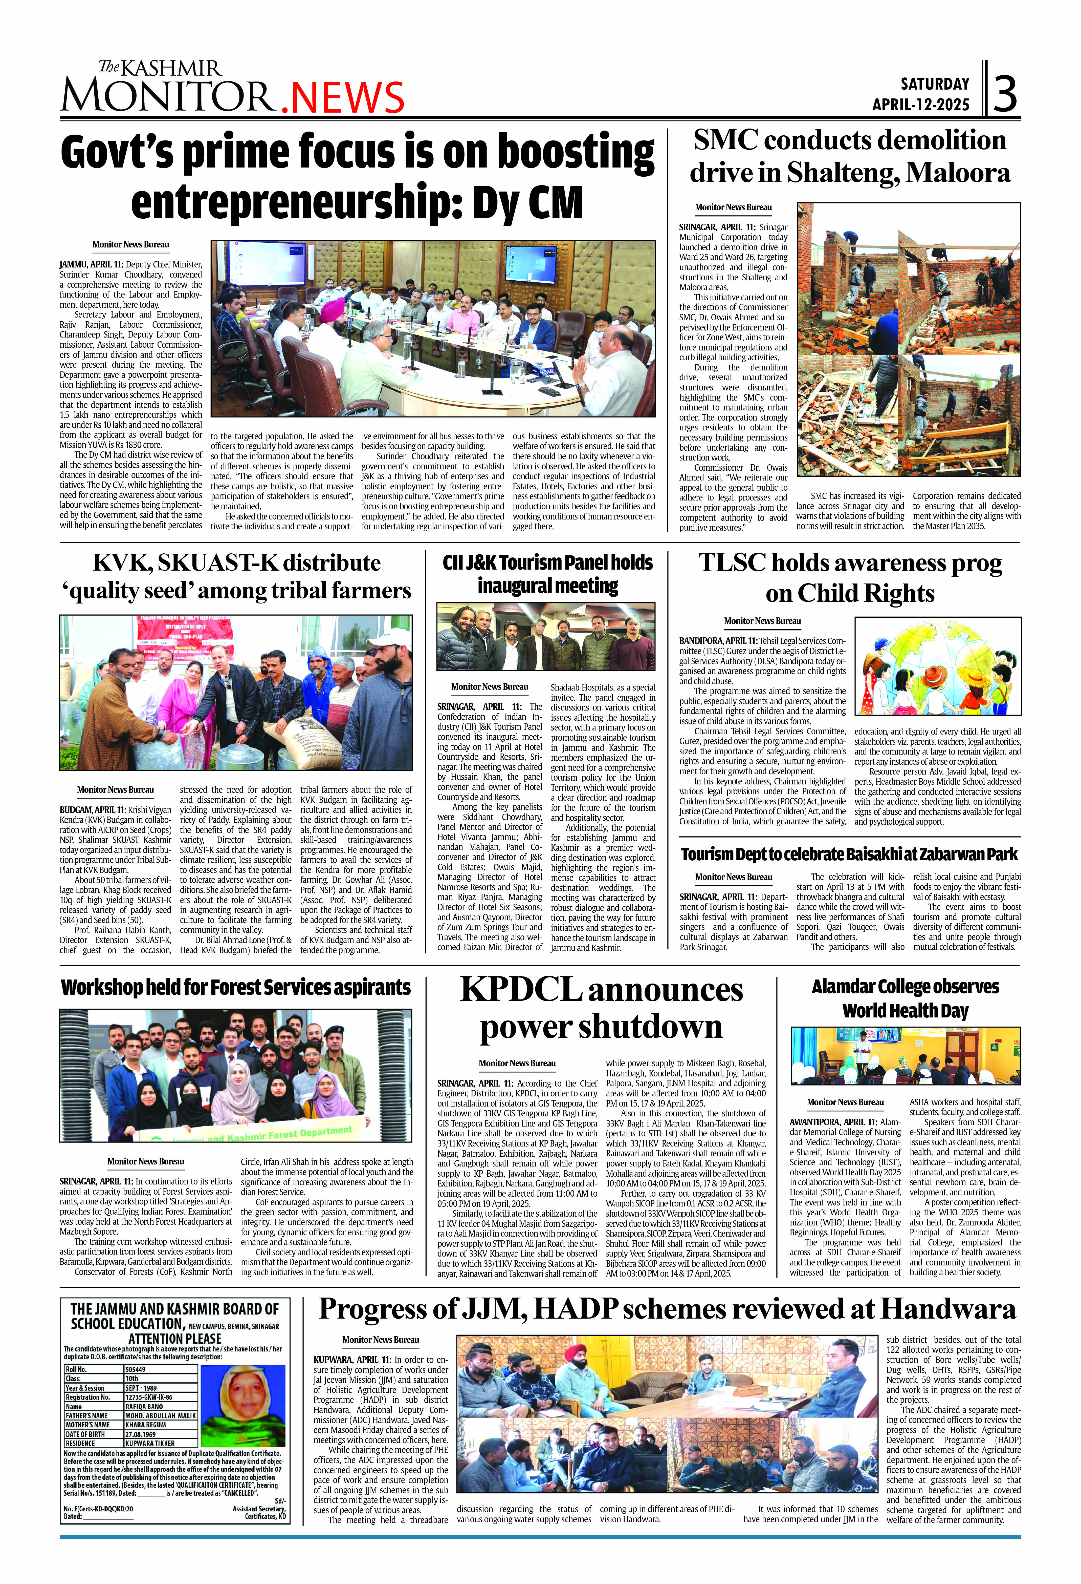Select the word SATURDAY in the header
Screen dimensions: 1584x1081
pos(935,84)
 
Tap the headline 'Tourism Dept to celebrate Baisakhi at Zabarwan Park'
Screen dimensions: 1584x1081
pos(849,854)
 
